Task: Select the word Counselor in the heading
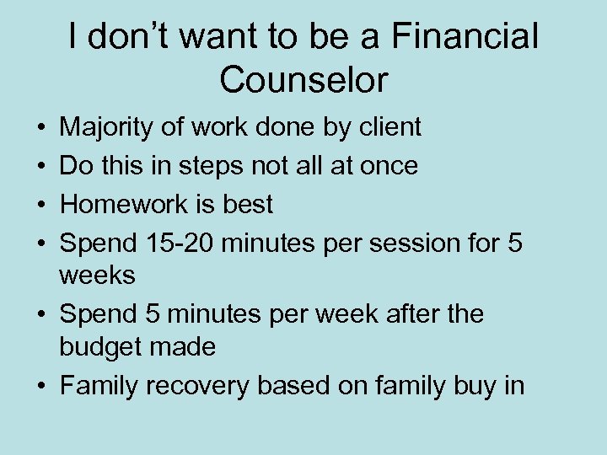click(303, 80)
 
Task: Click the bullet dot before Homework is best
click(41, 205)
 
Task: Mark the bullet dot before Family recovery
click(41, 387)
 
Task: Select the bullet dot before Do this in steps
click(41, 167)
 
